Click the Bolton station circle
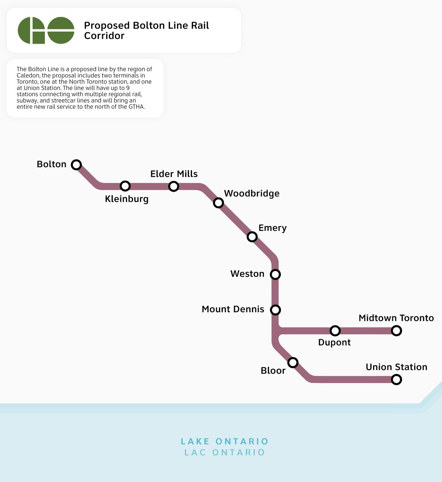pos(76,165)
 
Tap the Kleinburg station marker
pos(125,186)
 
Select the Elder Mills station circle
pos(173,186)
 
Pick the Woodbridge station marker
pos(218,203)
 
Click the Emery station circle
pos(252,237)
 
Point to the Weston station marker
pos(275,274)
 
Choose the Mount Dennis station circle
pos(275,310)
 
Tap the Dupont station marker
pos(335,331)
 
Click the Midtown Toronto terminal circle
pos(396,331)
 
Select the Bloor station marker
pos(293,363)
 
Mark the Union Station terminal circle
pos(396,380)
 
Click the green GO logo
pos(46,30)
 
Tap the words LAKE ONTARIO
pos(225,441)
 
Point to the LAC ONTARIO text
pos(225,453)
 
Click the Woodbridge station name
pos(252,194)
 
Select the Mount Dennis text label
pos(233,309)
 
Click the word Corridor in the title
pos(104,36)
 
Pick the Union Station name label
pos(396,367)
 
